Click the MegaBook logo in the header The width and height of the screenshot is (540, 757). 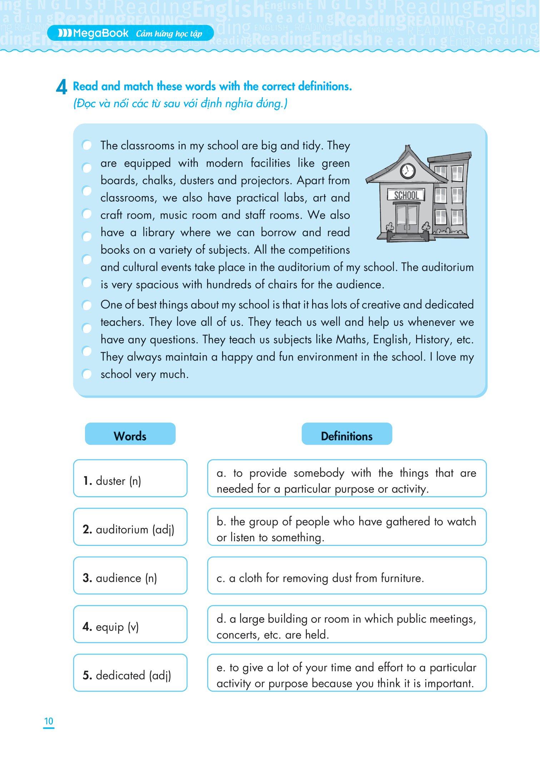93,34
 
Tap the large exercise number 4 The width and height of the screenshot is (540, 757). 61,87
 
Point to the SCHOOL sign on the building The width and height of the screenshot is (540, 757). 406,195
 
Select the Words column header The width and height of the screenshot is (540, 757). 130,436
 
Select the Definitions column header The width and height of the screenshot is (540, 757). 346,436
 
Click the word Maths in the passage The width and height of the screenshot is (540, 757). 351,339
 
